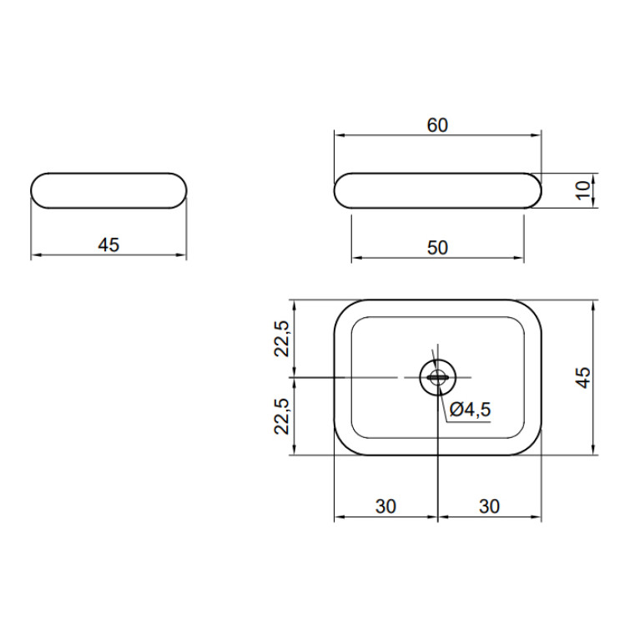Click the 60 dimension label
point(437,125)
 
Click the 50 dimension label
point(437,248)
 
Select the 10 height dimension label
point(583,190)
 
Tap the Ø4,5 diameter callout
point(470,410)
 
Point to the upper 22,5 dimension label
point(282,339)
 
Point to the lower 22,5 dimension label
point(282,416)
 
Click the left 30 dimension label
point(386,506)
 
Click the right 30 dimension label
point(489,506)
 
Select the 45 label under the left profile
point(108,244)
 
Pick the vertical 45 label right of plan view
point(583,377)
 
